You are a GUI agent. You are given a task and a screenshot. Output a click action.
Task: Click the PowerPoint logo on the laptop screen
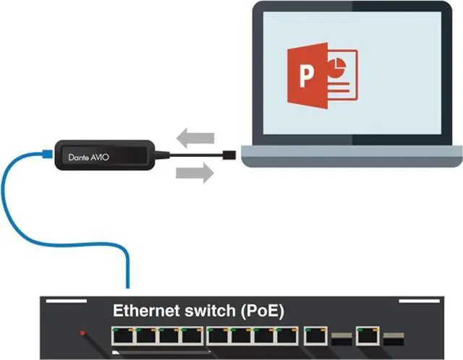coord(321,77)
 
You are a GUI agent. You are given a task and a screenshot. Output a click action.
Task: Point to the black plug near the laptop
coord(229,154)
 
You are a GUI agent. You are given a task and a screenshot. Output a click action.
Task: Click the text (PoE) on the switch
coord(258,312)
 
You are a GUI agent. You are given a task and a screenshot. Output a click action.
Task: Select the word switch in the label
coord(209,312)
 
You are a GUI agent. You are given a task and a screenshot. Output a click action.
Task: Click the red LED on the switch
coord(84,333)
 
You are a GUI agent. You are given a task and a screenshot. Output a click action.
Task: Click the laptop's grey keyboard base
coord(352,155)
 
